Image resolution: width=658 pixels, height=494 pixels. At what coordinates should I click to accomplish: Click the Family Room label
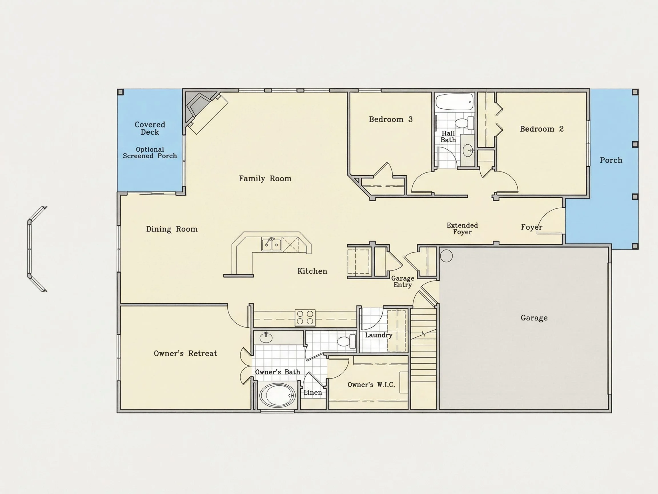click(x=265, y=179)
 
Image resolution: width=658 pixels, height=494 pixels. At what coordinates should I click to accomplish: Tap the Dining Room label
click(x=172, y=229)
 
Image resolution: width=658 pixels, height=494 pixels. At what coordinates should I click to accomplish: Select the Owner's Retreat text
click(x=185, y=353)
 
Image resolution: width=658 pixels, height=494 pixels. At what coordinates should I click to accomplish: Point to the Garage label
click(x=534, y=318)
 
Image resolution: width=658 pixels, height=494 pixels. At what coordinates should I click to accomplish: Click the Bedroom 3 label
click(x=391, y=119)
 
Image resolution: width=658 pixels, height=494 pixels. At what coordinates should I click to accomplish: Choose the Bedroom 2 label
click(x=541, y=129)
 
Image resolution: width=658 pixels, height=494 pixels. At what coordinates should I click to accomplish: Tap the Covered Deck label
click(x=150, y=128)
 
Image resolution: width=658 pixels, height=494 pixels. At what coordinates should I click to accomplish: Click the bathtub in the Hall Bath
click(x=454, y=102)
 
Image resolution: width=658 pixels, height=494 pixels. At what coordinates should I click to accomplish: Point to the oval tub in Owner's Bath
click(x=277, y=395)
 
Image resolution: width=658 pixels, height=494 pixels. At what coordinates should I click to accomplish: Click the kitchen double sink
click(x=271, y=244)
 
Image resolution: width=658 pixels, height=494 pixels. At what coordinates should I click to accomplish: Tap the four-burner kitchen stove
click(x=305, y=317)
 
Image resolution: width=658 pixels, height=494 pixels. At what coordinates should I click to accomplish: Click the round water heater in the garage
click(x=446, y=256)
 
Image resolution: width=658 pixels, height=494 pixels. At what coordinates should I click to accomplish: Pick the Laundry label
click(x=378, y=335)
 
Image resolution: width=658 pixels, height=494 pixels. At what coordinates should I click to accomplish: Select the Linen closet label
click(x=313, y=393)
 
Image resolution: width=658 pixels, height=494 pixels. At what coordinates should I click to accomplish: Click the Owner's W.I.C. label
click(x=371, y=385)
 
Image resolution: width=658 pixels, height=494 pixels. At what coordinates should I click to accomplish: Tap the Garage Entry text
click(x=402, y=282)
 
